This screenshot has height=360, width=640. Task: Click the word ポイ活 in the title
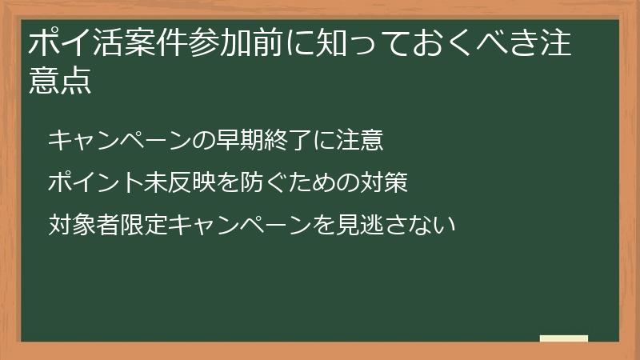click(74, 45)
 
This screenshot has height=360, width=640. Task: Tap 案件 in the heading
click(150, 45)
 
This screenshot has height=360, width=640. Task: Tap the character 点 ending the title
click(74, 82)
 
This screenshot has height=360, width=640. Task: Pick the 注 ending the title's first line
click(557, 45)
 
